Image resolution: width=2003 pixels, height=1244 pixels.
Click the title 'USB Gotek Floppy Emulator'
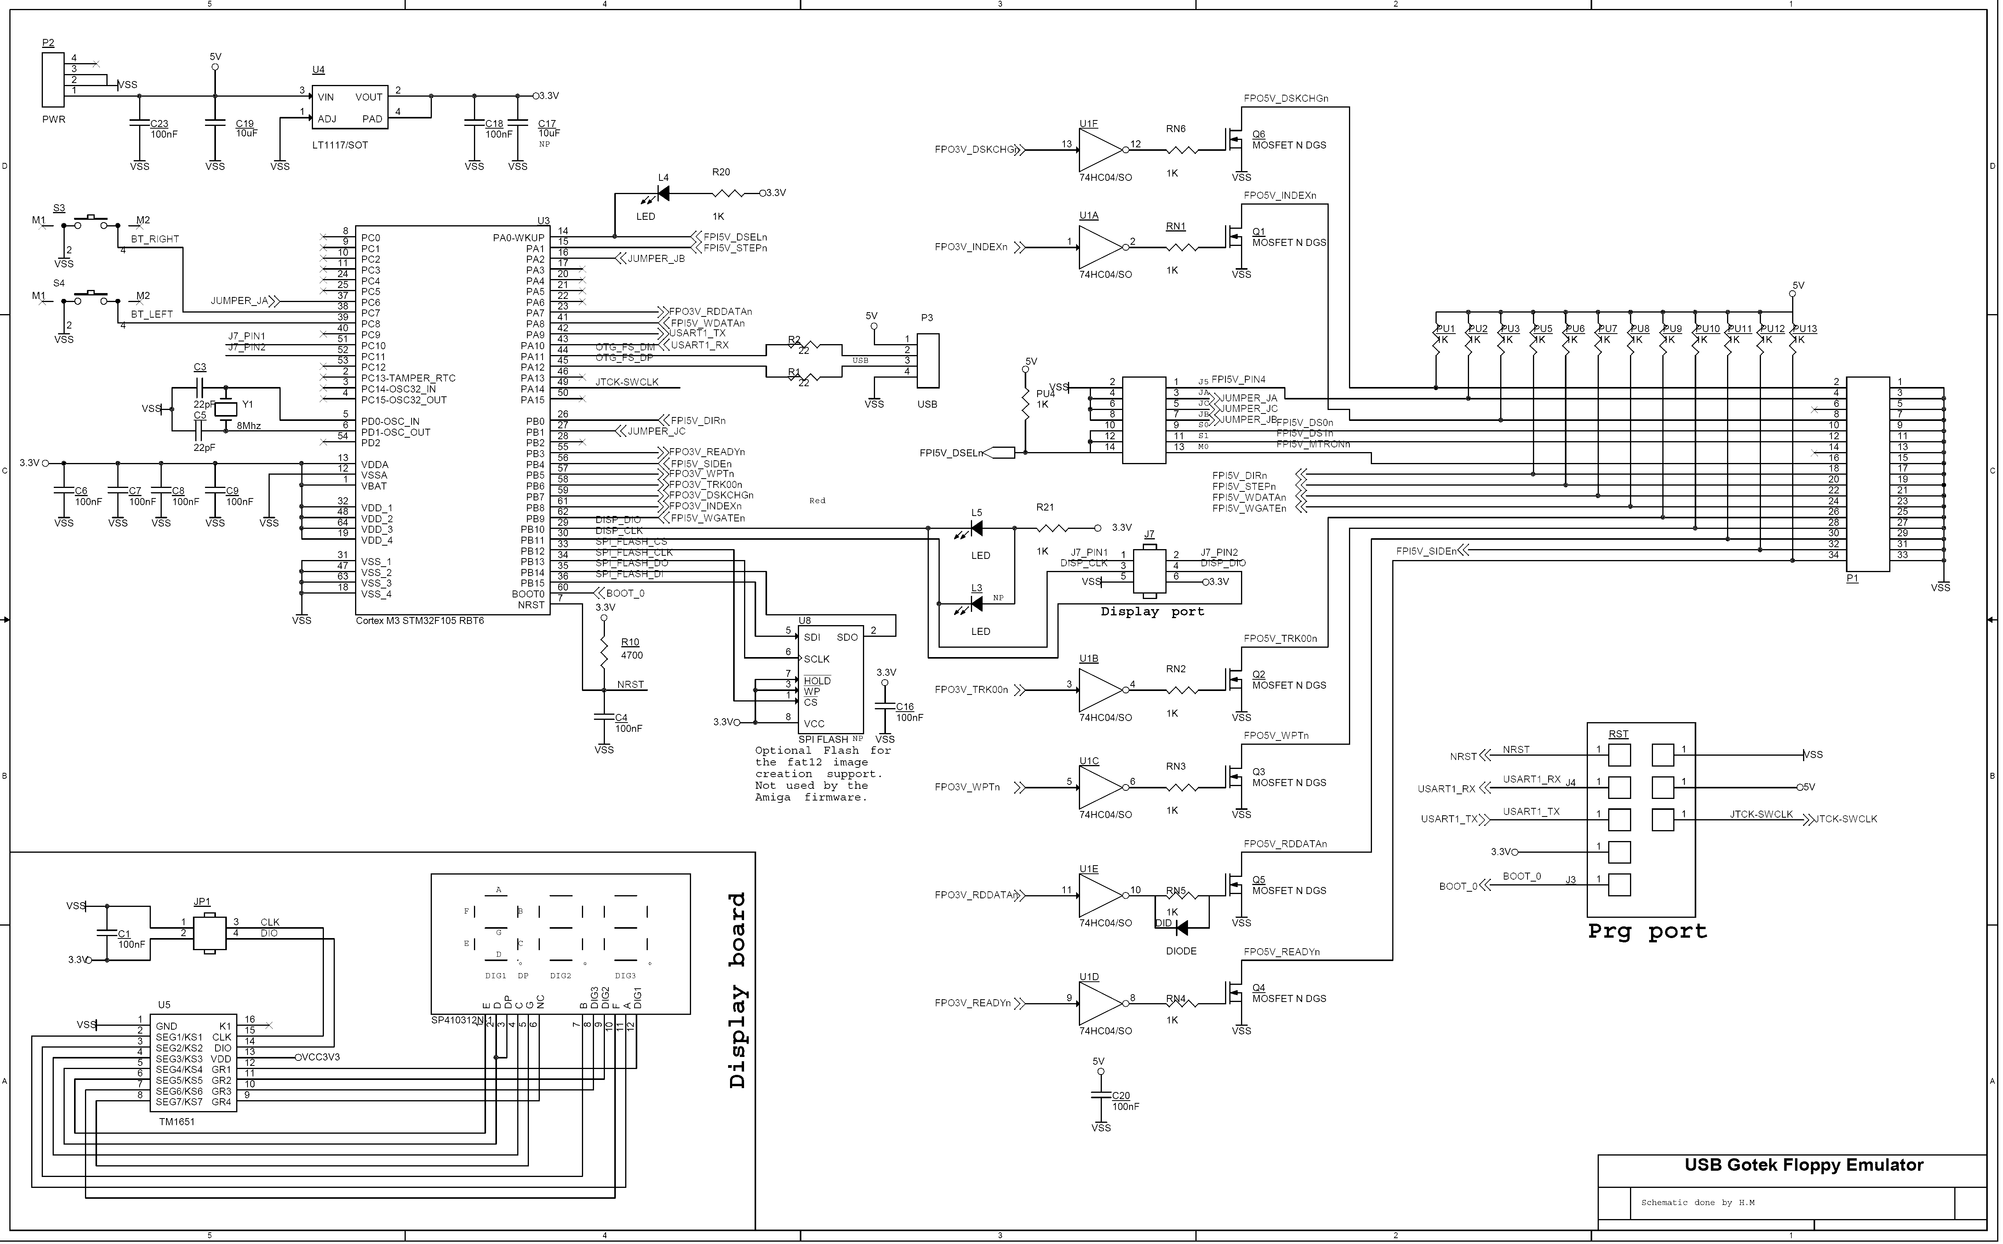coord(1803,1165)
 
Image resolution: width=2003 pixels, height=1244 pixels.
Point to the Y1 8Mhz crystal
coord(225,408)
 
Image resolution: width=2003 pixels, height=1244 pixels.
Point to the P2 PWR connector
coord(53,80)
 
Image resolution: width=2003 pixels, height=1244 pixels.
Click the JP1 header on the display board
coord(209,933)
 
